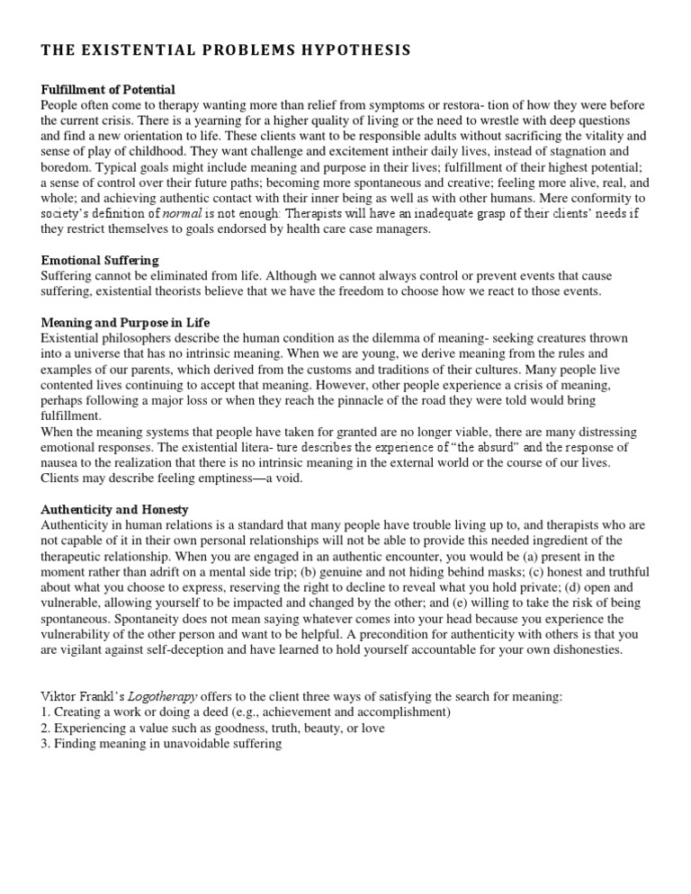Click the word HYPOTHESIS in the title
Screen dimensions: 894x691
click(x=354, y=51)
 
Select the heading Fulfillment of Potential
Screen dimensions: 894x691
click(x=108, y=89)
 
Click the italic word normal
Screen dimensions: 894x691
click(x=185, y=212)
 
